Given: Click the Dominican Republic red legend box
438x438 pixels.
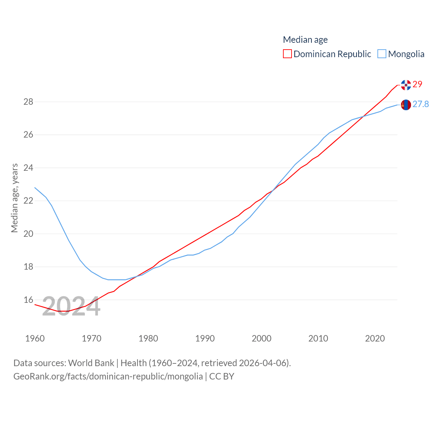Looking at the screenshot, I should tap(287, 54).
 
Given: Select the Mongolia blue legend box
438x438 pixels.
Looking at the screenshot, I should tap(382, 54).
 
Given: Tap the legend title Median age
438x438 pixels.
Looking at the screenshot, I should tap(305, 40).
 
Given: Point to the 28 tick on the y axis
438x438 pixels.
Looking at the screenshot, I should tap(28, 102).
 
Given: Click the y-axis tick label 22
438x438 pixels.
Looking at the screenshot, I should tap(28, 201).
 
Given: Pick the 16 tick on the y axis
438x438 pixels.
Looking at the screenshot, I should tap(28, 300).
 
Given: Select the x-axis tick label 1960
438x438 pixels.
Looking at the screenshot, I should tap(35, 338).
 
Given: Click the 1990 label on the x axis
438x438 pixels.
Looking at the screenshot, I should tap(205, 338).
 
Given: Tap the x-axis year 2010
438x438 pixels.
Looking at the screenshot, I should tap(318, 338).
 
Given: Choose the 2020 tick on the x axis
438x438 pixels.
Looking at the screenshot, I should tap(375, 338).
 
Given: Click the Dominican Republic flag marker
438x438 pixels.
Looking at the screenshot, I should tap(406, 85).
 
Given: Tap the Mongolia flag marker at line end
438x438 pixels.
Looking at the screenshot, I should tap(406, 105).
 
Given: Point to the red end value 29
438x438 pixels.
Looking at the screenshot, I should tap(417, 84).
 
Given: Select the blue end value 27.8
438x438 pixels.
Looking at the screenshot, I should tap(421, 104).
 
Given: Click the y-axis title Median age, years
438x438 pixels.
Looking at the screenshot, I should tap(14, 198).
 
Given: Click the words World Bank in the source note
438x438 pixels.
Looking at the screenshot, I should tap(91, 363).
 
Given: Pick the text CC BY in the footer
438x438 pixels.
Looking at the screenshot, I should tap(222, 376).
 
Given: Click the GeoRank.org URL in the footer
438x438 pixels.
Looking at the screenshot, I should tap(108, 376).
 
